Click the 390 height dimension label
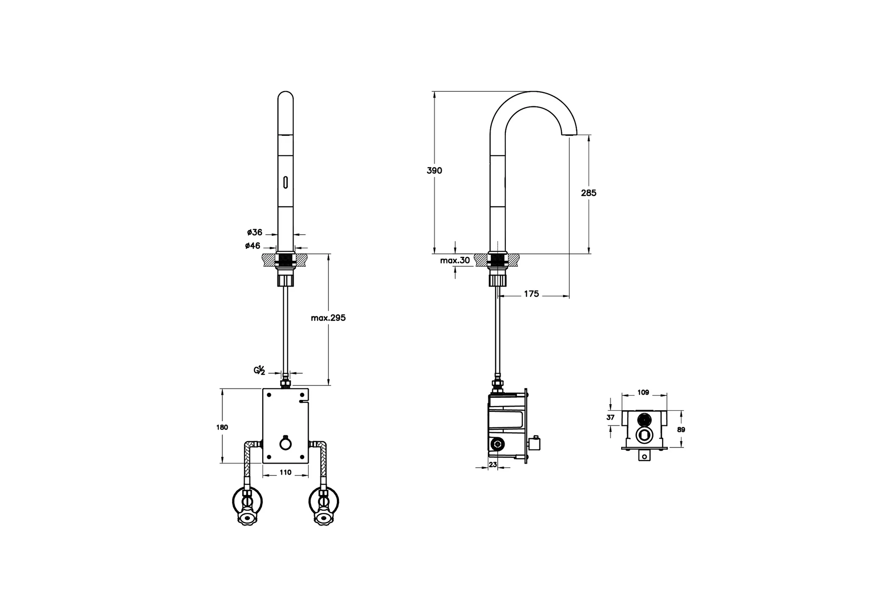pos(434,171)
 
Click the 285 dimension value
pos(589,193)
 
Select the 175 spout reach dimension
pos(531,294)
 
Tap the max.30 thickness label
pos(455,261)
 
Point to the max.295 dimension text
pos(328,318)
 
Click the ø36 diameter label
pos(255,232)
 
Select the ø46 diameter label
pos(252,246)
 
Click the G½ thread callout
pos(260,371)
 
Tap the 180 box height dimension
pos(222,427)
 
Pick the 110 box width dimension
pos(286,472)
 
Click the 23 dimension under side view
pos(493,465)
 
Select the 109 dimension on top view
pos(643,393)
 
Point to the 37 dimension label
pos(610,418)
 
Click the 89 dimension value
pos(681,430)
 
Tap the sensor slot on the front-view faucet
pos(286,183)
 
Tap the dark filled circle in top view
pos(644,420)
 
